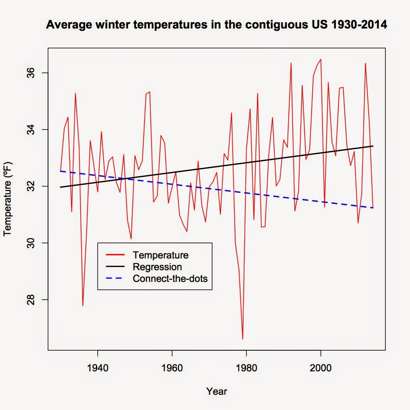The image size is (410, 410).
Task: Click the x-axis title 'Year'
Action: pyautogui.click(x=217, y=391)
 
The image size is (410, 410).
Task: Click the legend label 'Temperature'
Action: pyautogui.click(x=160, y=255)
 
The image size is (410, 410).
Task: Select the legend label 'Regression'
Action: pyautogui.click(x=157, y=267)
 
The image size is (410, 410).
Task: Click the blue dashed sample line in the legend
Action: pyautogui.click(x=115, y=279)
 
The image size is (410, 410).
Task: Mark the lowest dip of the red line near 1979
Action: pyautogui.click(x=242, y=339)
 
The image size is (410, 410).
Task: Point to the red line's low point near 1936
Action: pyautogui.click(x=83, y=305)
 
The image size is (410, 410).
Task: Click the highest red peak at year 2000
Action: pyautogui.click(x=321, y=59)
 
